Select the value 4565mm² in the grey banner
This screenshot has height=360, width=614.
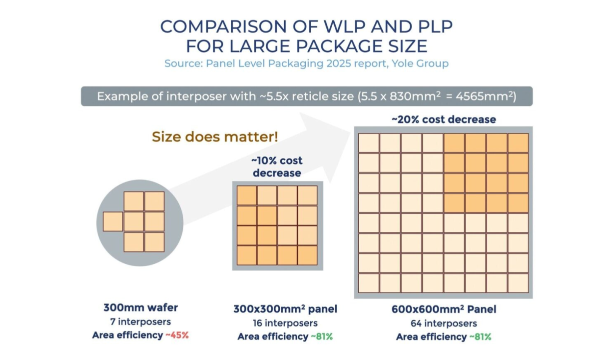pyautogui.click(x=485, y=96)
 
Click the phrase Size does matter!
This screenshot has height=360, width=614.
pyautogui.click(x=215, y=137)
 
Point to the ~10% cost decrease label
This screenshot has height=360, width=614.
pyautogui.click(x=277, y=167)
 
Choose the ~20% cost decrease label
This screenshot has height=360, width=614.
pyautogui.click(x=443, y=119)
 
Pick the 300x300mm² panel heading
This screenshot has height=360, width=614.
pyautogui.click(x=285, y=309)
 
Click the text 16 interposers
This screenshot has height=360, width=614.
pyautogui.click(x=285, y=323)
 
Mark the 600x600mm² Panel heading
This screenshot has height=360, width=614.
pyautogui.click(x=444, y=309)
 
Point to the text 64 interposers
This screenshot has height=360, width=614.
pyautogui.click(x=444, y=323)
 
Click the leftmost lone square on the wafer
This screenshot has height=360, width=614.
pyautogui.click(x=113, y=221)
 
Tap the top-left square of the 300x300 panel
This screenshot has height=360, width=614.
pyautogui.click(x=247, y=195)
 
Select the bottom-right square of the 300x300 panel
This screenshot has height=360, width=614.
pyautogui.click(x=307, y=255)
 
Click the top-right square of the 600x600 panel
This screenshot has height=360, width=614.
pyautogui.click(x=518, y=143)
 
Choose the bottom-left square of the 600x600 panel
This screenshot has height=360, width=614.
pyautogui.click(x=369, y=283)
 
